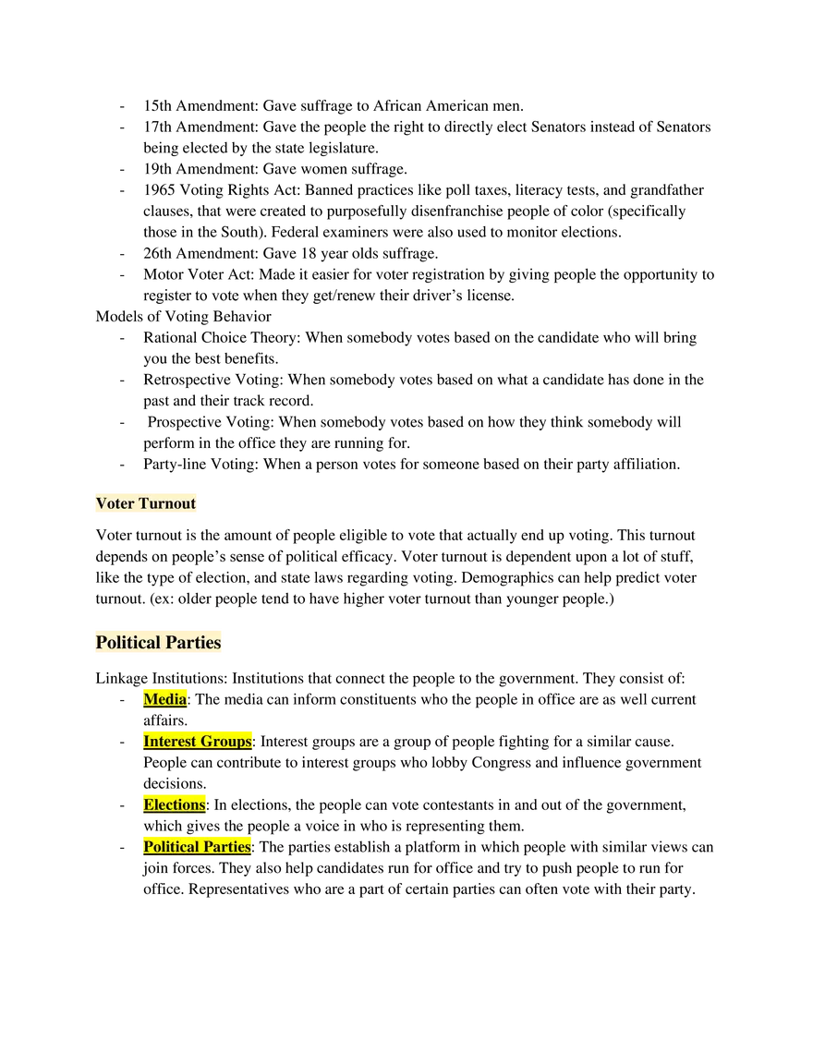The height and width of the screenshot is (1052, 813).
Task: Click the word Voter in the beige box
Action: pyautogui.click(x=115, y=503)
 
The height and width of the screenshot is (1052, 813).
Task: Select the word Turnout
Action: pyautogui.click(x=167, y=503)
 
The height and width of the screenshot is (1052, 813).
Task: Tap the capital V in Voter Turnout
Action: pyautogui.click(x=101, y=503)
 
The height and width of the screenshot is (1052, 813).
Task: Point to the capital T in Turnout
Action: pyautogui.click(x=143, y=503)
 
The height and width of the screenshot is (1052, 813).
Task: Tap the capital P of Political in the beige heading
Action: pyautogui.click(x=101, y=643)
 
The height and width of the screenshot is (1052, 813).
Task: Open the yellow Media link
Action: pyautogui.click(x=165, y=699)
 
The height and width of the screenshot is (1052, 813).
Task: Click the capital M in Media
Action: pyautogui.click(x=151, y=699)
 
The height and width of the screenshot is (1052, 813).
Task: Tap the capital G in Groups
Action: pyautogui.click(x=205, y=742)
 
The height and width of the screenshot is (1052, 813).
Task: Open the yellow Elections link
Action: pyautogui.click(x=175, y=804)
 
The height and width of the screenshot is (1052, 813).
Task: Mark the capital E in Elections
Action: pyautogui.click(x=149, y=804)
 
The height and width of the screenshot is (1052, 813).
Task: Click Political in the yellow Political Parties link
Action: pyautogui.click(x=169, y=847)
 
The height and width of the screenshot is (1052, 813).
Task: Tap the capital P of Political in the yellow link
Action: pyautogui.click(x=148, y=847)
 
